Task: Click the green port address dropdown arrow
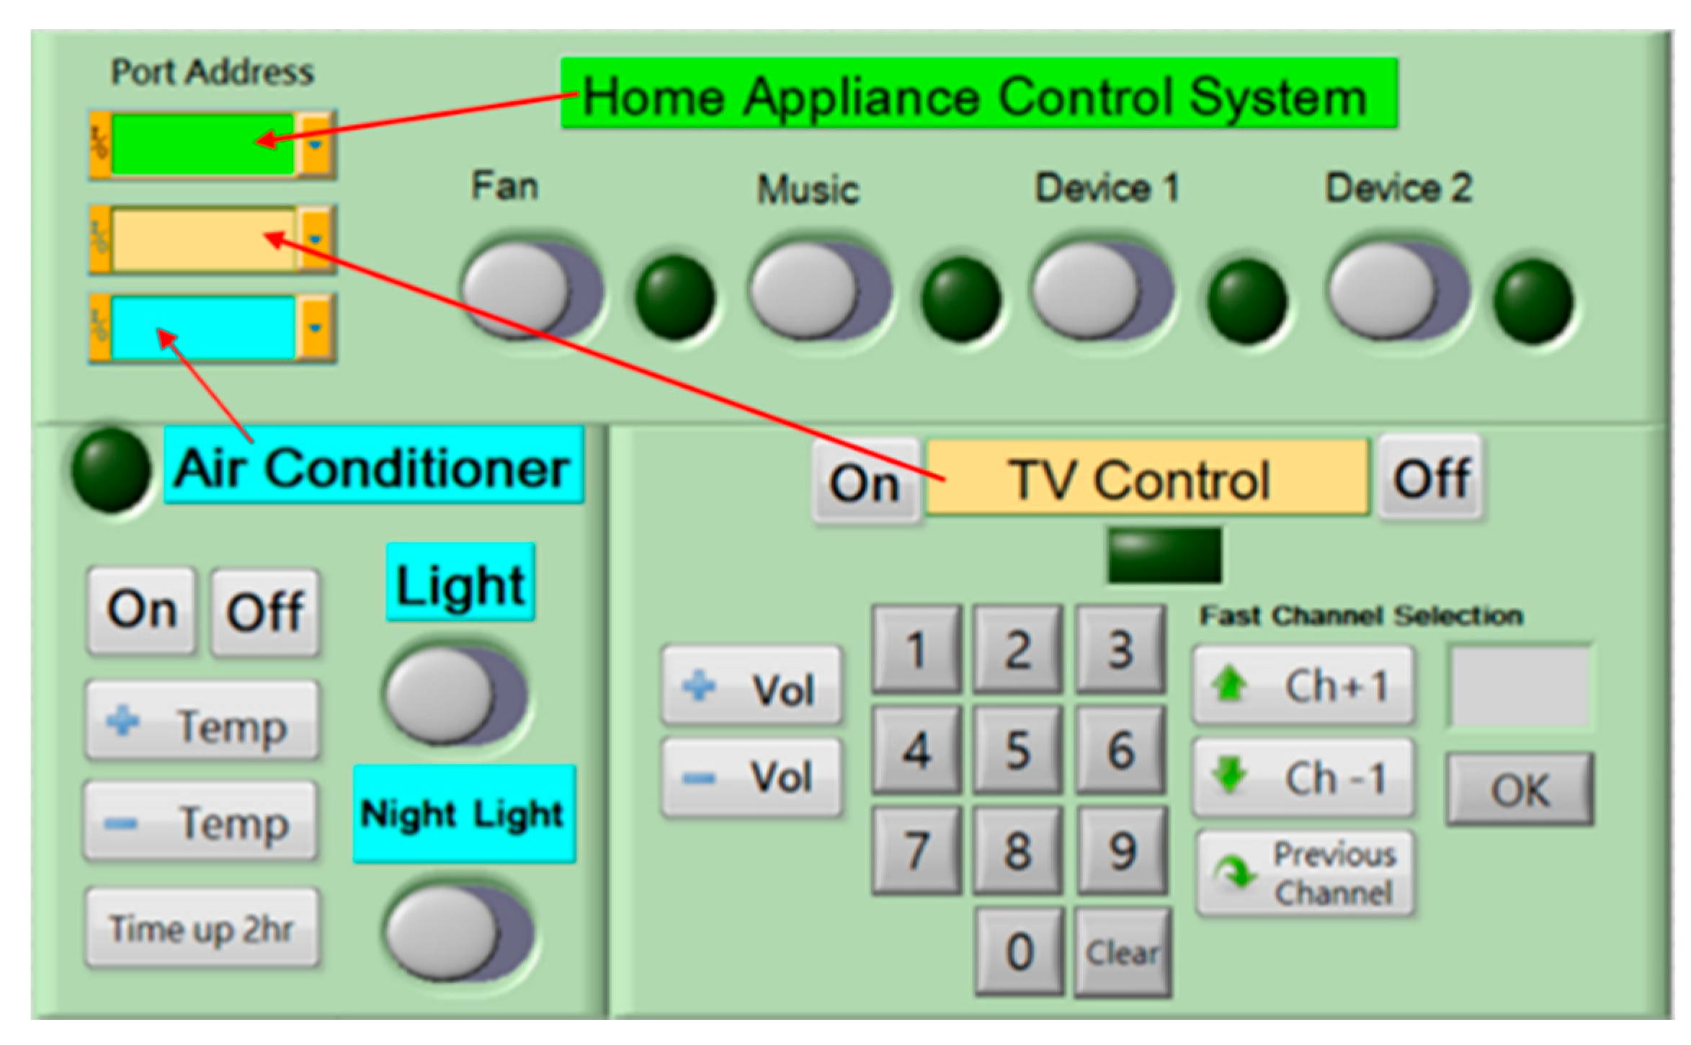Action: coord(316,143)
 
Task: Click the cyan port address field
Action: coord(202,328)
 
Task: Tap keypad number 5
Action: coord(1017,750)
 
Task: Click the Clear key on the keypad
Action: coord(1122,953)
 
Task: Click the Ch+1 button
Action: coord(1303,685)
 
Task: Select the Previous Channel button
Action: coord(1306,873)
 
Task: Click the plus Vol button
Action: coord(751,688)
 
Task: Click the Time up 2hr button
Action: coord(202,928)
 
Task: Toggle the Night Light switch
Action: coord(458,931)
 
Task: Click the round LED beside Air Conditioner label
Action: coord(110,469)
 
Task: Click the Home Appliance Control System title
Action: coord(978,95)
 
